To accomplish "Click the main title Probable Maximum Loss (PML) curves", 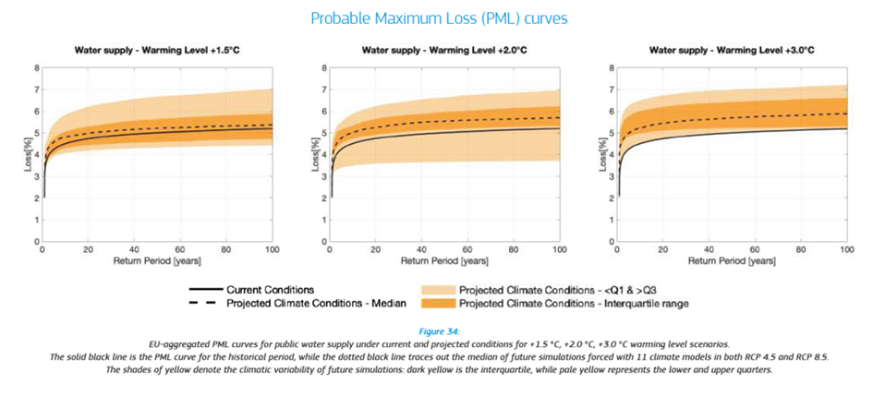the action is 439,18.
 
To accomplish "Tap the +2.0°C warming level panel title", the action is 445,51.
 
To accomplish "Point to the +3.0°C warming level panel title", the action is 733,51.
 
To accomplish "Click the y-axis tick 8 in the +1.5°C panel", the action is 36,68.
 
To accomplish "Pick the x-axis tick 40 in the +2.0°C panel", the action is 421,250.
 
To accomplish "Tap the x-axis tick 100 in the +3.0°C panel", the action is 846,250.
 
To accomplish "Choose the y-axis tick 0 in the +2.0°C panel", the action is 323,241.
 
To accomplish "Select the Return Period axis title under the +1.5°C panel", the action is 158,260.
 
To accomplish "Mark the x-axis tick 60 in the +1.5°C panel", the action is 180,250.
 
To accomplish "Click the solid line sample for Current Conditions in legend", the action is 205,290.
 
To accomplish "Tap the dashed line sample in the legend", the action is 205,303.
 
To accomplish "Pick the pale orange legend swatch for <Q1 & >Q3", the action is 438,290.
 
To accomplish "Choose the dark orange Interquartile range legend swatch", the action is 438,303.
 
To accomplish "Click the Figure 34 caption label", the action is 439,331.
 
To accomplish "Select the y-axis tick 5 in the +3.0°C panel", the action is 611,133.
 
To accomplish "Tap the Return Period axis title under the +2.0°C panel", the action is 445,260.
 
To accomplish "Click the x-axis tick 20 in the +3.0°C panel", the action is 662,250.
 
